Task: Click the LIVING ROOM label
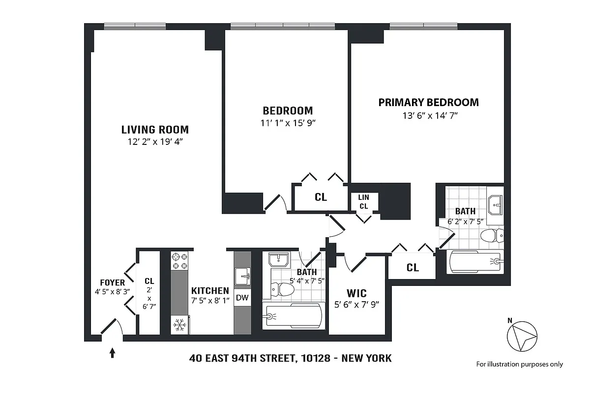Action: pos(155,130)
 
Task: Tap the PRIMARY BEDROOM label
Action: pos(428,102)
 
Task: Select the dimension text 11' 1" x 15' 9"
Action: pos(288,123)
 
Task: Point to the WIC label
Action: pos(357,293)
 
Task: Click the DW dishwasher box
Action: pos(242,298)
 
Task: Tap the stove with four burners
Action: pos(179,261)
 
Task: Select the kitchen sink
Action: pos(242,276)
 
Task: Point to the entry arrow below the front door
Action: pos(112,352)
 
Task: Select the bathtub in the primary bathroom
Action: pos(475,262)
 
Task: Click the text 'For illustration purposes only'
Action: pos(519,364)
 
